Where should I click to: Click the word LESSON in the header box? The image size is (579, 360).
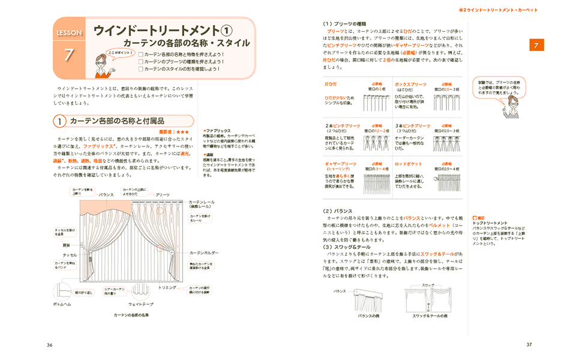tap(69, 32)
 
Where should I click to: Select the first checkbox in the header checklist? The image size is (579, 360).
tap(140, 54)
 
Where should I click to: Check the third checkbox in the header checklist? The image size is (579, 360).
tap(140, 69)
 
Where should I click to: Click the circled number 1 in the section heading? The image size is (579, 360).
tap(60, 121)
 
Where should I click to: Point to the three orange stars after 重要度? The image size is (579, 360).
tap(182, 131)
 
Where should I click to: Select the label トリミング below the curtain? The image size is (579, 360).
tap(167, 287)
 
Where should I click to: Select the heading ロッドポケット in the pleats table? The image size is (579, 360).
tap(407, 163)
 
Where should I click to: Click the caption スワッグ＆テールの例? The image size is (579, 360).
tap(430, 316)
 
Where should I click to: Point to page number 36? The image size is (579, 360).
tap(49, 344)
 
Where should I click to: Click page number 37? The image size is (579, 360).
tap(529, 344)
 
